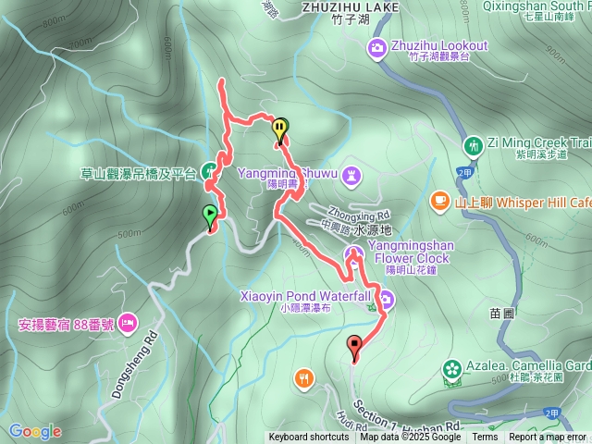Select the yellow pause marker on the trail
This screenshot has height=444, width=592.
[x=279, y=128]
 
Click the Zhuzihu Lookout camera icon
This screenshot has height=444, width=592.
[x=377, y=47]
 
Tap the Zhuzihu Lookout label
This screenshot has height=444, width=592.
[x=440, y=45]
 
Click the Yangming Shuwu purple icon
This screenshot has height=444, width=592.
[x=351, y=174]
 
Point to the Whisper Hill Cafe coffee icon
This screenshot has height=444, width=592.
[x=438, y=201]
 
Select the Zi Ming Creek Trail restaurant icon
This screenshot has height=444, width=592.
[x=473, y=144]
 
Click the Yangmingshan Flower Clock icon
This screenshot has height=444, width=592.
[x=352, y=253]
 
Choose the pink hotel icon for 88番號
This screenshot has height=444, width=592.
[x=128, y=325]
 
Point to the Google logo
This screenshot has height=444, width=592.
[x=34, y=431]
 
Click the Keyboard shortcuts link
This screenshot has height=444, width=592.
[x=309, y=438]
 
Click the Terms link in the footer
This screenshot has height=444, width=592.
[x=485, y=438]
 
